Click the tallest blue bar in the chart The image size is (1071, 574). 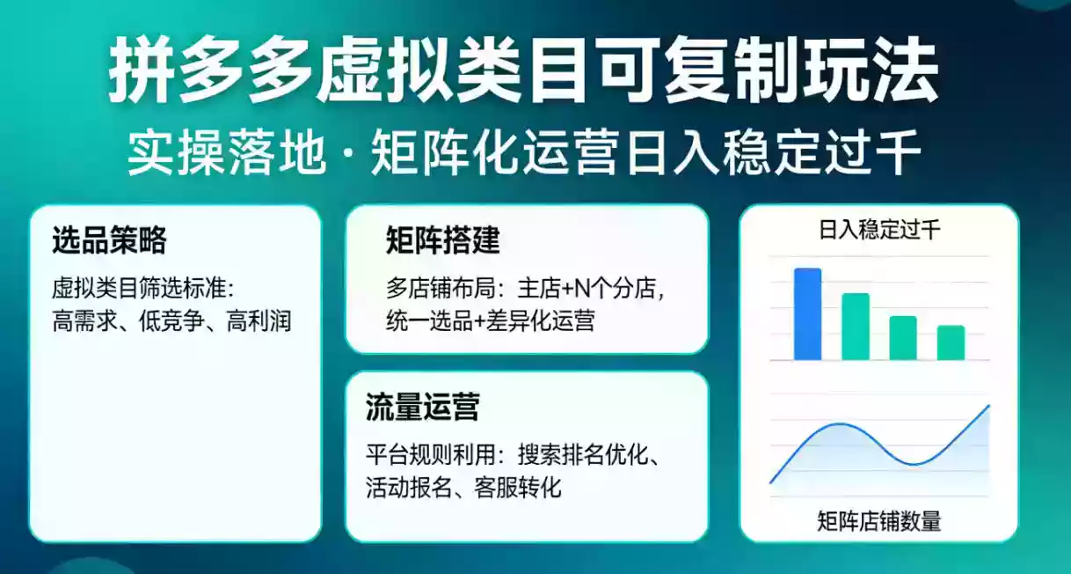pos(807,314)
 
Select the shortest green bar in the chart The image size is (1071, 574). pos(951,342)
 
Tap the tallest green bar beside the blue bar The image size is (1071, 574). pos(856,327)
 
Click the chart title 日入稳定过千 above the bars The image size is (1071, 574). pos(878,232)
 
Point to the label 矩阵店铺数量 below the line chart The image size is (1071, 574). pos(878,521)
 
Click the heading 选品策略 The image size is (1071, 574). pos(109,241)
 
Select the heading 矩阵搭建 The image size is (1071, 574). pos(442,240)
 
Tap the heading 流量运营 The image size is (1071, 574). pos(422,408)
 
